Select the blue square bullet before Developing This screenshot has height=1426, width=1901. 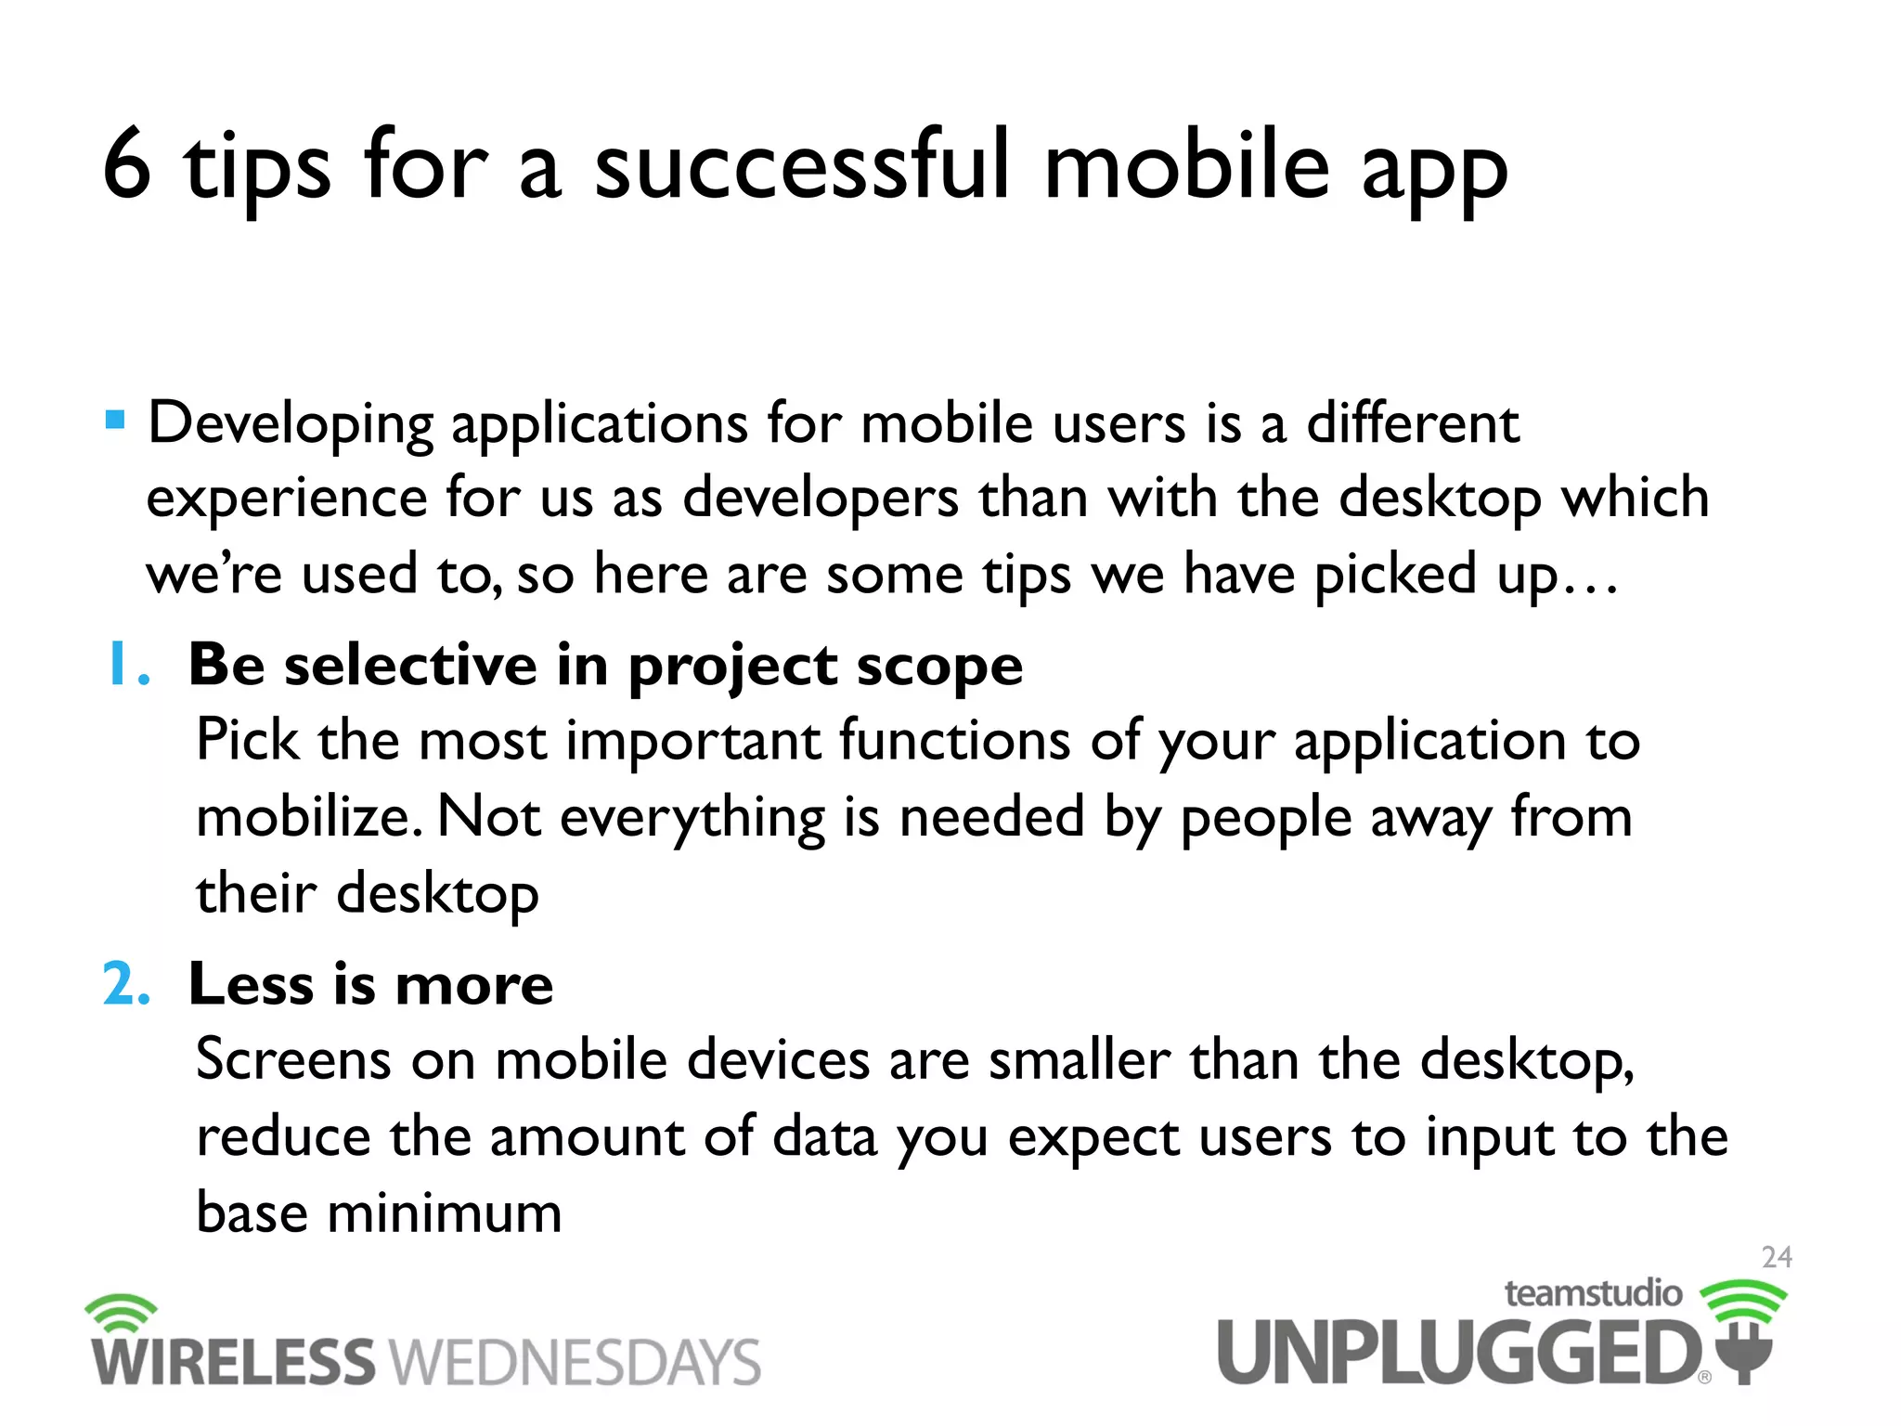(x=115, y=421)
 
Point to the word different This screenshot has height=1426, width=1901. (x=1412, y=423)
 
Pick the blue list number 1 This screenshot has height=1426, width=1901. (x=125, y=665)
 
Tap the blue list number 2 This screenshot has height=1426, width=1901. (x=126, y=984)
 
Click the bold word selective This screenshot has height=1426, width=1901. (x=410, y=665)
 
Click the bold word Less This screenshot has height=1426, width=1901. (x=251, y=984)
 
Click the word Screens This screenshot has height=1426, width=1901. (x=293, y=1060)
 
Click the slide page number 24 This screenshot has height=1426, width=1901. (x=1777, y=1258)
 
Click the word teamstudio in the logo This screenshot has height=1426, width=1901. (x=1593, y=1293)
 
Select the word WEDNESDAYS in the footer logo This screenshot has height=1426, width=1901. (x=575, y=1363)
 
